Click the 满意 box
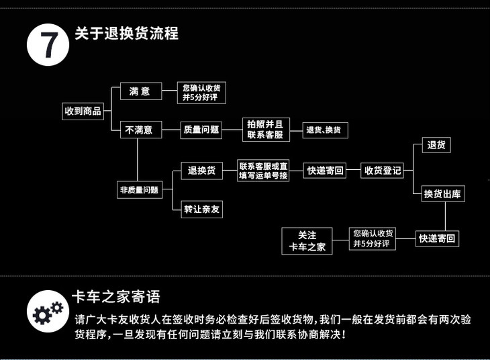click(x=140, y=91)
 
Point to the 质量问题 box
click(x=201, y=130)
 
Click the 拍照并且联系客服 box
click(x=264, y=130)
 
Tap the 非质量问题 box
click(x=139, y=190)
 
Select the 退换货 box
click(x=201, y=171)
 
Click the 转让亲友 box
click(x=201, y=209)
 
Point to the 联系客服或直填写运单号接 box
click(x=263, y=171)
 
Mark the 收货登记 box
click(x=383, y=171)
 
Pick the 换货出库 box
click(x=443, y=194)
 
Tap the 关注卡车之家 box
click(x=307, y=241)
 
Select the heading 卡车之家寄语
click(x=116, y=298)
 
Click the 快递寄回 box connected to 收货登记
click(x=326, y=171)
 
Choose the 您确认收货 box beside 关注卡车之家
click(x=373, y=238)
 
